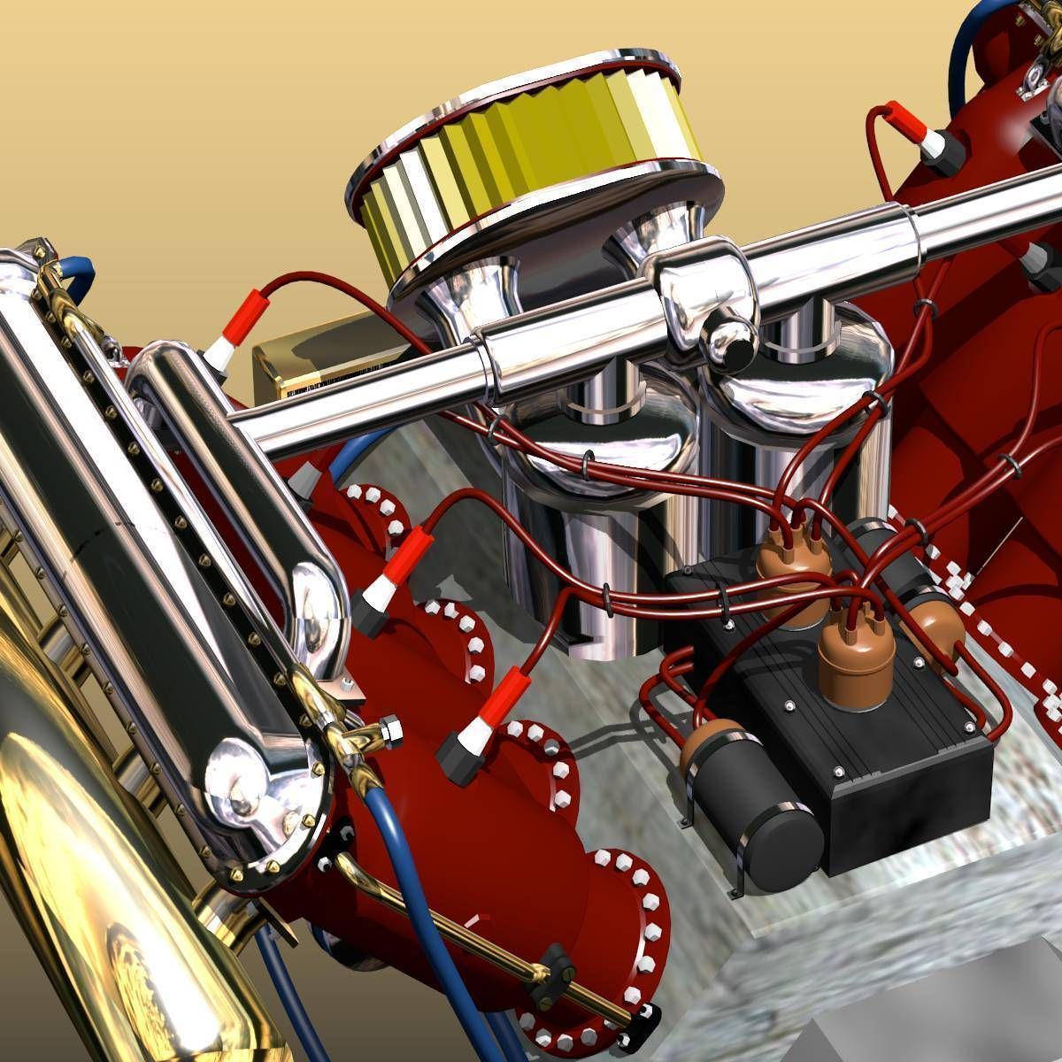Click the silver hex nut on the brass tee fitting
pyautogui.click(x=389, y=731)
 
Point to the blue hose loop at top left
pyautogui.click(x=75, y=279)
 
